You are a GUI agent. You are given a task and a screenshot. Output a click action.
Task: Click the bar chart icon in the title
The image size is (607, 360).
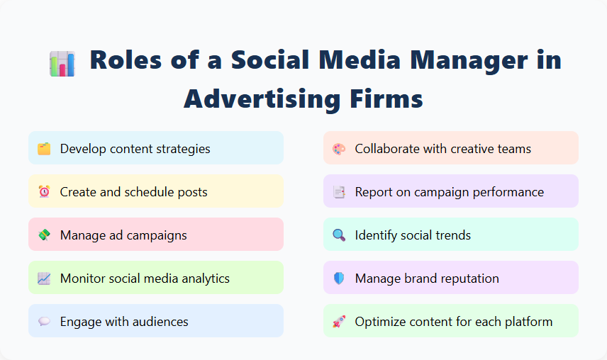(x=62, y=63)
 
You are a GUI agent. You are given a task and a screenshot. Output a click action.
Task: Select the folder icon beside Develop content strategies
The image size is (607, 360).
(x=44, y=149)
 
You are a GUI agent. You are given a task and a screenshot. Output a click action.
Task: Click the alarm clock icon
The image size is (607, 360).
(x=44, y=192)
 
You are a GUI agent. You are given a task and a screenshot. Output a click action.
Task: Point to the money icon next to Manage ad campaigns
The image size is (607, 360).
(x=44, y=235)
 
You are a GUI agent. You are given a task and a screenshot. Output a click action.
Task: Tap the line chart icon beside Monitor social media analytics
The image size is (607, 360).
(x=44, y=279)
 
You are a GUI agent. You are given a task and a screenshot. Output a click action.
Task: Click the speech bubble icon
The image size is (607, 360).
(x=44, y=322)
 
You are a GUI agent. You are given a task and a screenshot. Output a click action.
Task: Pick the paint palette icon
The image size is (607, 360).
(x=338, y=149)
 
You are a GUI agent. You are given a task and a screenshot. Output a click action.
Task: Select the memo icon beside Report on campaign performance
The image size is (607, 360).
(x=338, y=192)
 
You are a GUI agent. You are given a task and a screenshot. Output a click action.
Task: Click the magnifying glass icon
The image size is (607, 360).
(x=338, y=235)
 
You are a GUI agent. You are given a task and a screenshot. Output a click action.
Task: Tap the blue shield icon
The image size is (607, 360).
(x=338, y=279)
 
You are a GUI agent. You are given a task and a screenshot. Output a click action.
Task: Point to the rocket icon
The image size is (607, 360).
(x=338, y=322)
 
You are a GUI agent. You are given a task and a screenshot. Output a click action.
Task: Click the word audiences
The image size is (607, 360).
(x=158, y=322)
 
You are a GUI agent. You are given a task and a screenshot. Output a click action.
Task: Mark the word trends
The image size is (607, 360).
(x=451, y=235)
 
